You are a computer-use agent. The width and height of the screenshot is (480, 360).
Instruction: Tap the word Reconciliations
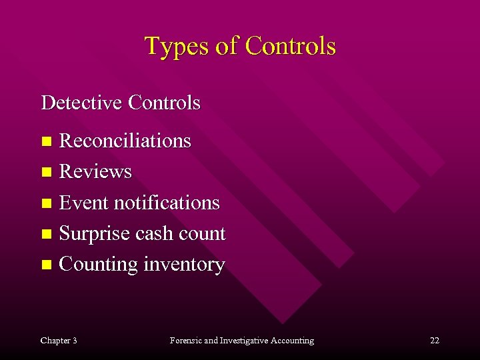click(125, 141)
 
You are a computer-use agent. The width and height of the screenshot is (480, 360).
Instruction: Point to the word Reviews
click(95, 172)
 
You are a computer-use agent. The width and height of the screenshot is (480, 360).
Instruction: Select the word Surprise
click(95, 234)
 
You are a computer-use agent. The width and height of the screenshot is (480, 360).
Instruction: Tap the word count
click(205, 234)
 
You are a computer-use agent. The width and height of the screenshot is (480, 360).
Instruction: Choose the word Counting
click(99, 265)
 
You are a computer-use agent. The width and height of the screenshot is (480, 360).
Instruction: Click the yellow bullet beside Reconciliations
click(46, 141)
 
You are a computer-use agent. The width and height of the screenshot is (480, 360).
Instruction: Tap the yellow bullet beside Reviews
click(46, 172)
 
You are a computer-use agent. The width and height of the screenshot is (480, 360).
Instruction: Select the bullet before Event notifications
click(46, 203)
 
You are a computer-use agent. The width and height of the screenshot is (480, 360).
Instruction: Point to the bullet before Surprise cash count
click(46, 234)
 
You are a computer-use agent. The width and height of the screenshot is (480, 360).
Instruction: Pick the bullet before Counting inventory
click(46, 265)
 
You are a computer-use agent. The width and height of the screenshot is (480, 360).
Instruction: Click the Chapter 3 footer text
click(59, 341)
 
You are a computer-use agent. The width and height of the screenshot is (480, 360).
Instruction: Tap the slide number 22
click(435, 341)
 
